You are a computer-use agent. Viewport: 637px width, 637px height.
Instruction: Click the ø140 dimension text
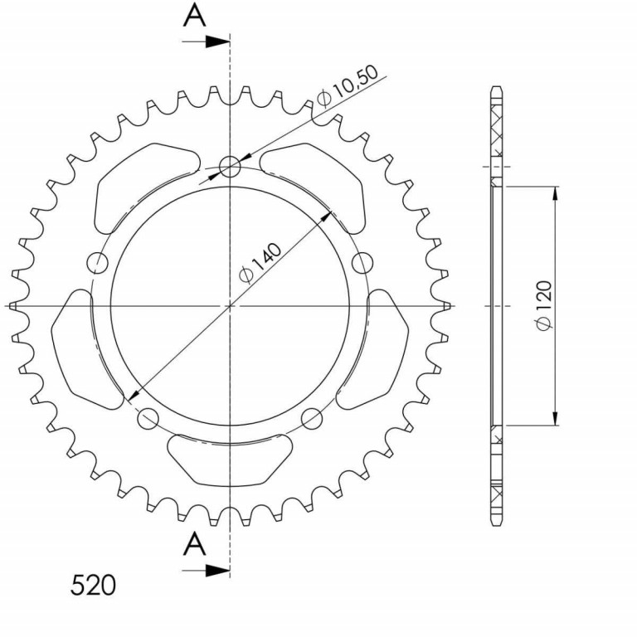[260, 263]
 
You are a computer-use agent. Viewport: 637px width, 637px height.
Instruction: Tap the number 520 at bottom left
[93, 586]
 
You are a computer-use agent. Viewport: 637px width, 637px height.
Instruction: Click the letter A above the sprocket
[195, 17]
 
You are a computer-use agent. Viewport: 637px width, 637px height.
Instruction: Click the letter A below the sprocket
[195, 544]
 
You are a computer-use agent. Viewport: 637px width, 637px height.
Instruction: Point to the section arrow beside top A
[206, 41]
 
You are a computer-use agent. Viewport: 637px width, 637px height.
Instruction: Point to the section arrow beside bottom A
[206, 571]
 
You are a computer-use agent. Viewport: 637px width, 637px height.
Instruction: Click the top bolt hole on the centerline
[230, 167]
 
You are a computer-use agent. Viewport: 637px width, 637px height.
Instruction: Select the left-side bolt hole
[98, 263]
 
